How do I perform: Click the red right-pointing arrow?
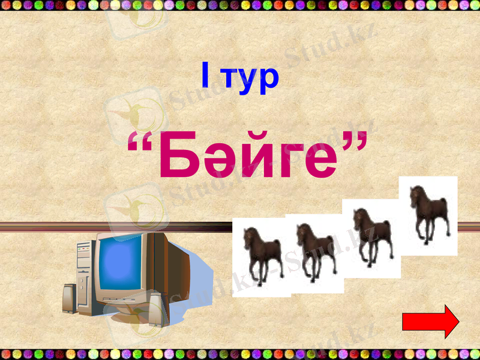click(x=430, y=322)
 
